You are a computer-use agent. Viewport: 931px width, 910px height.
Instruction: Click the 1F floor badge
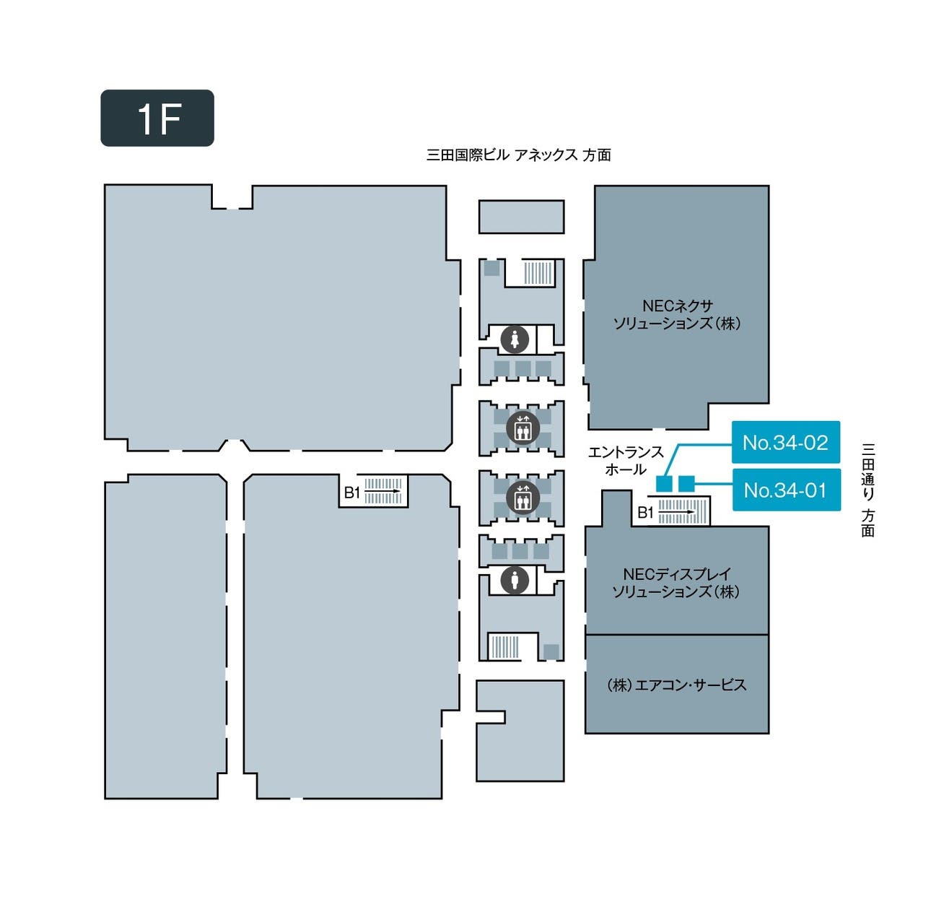click(157, 118)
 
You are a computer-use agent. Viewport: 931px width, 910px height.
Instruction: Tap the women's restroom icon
click(515, 339)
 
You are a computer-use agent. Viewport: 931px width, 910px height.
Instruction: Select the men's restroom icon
click(515, 579)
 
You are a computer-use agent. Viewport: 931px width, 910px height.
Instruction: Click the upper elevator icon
click(522, 428)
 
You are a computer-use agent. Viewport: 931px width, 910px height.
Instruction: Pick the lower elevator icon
click(522, 498)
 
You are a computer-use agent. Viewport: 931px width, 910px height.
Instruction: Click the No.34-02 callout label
click(786, 442)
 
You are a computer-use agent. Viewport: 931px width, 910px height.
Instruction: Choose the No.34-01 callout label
click(786, 490)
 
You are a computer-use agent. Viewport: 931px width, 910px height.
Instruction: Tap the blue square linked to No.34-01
click(686, 482)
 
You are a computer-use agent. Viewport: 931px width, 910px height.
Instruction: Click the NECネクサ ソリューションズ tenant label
click(676, 315)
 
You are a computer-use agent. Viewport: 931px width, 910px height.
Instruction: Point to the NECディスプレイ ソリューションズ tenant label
click(676, 583)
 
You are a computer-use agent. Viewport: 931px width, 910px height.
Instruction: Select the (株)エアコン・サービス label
click(676, 685)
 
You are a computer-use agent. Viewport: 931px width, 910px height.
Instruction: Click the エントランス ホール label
click(626, 461)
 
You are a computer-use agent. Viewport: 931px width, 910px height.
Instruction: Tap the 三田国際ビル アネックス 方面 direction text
click(518, 155)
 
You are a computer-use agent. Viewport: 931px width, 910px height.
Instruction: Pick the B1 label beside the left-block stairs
click(351, 493)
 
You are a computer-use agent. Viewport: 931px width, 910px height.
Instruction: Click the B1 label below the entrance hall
click(645, 513)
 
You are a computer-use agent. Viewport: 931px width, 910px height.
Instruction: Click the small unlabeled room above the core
click(521, 217)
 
